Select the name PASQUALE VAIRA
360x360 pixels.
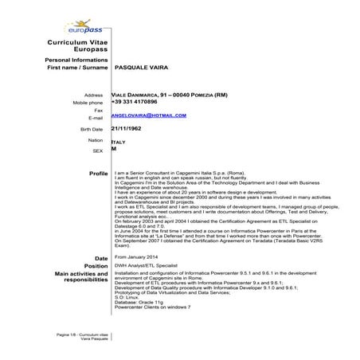(148, 70)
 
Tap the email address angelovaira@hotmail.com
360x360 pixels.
(149, 115)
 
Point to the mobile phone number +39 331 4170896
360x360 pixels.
(134, 103)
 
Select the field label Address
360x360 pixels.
(93, 95)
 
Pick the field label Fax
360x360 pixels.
(99, 110)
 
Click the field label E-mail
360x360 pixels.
(96, 117)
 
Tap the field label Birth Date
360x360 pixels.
(92, 129)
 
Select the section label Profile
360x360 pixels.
(98, 173)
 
